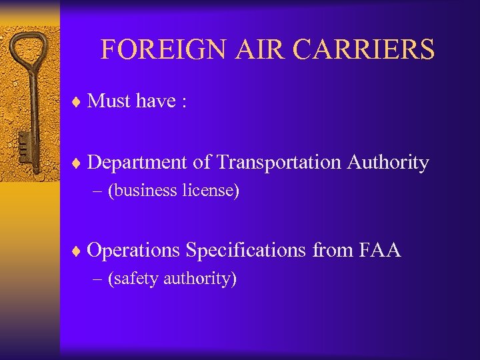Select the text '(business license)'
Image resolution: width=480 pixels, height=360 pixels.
pos(173,191)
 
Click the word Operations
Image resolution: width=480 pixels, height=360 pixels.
pos(133,251)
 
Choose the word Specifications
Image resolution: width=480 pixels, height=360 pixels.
pos(246,251)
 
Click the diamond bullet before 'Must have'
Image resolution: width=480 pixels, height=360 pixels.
pos(77,101)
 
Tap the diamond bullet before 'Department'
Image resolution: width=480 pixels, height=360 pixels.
pos(77,163)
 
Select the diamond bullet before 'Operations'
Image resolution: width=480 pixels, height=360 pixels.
pos(77,251)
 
